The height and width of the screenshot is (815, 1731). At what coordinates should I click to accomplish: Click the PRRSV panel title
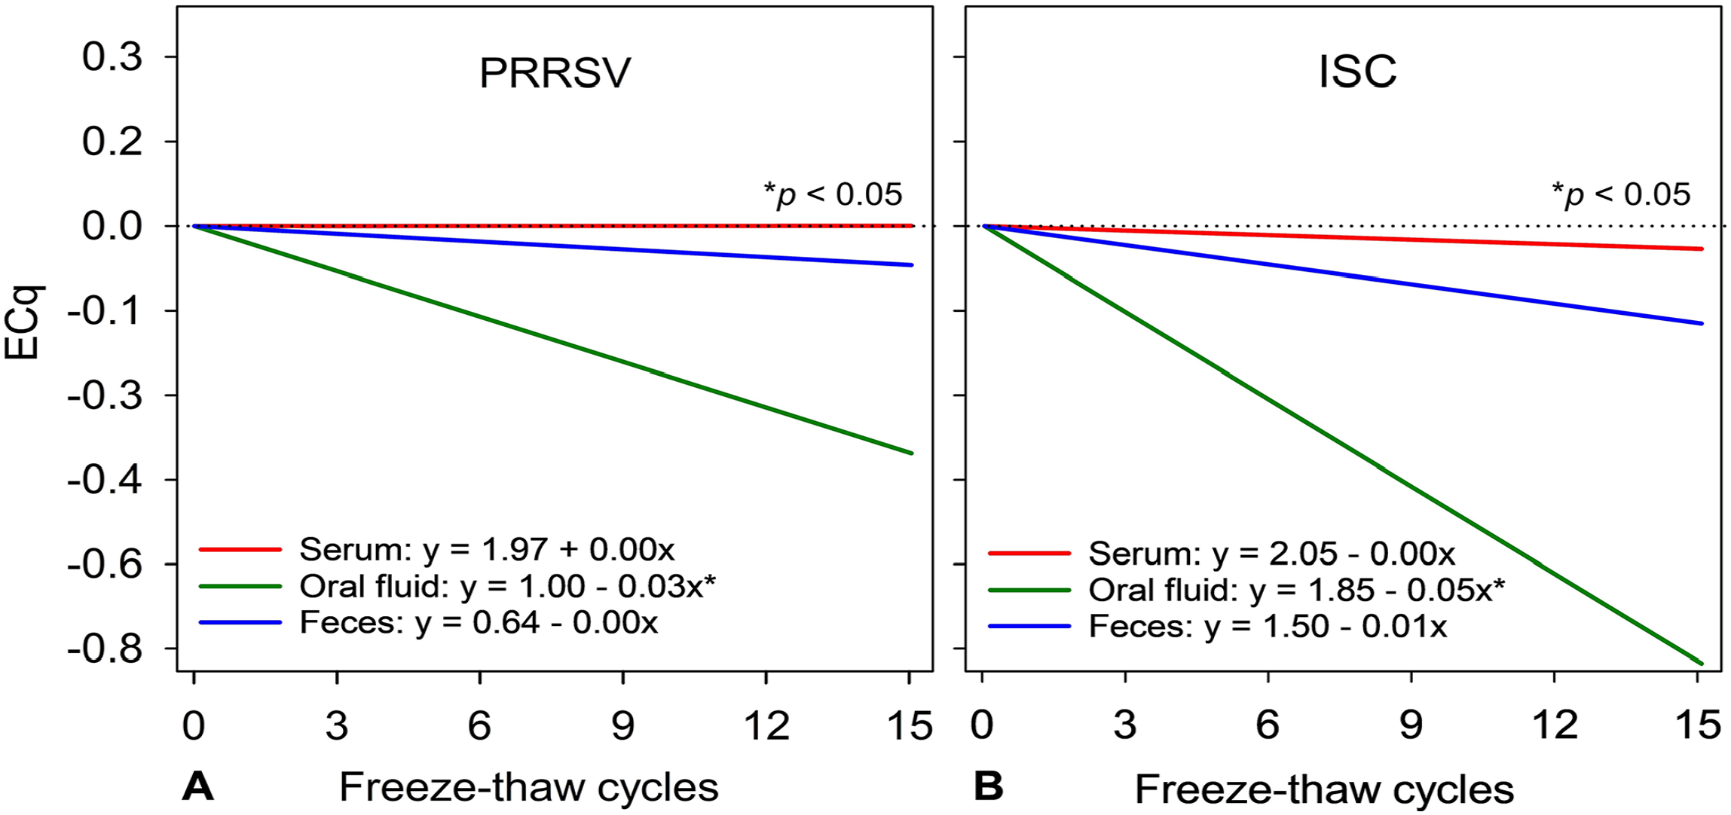pyautogui.click(x=555, y=73)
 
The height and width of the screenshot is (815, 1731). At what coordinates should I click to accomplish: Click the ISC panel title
pyautogui.click(x=1357, y=72)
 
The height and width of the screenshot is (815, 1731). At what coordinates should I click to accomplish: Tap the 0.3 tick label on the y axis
pyautogui.click(x=112, y=57)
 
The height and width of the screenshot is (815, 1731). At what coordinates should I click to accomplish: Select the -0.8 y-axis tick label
pyautogui.click(x=105, y=649)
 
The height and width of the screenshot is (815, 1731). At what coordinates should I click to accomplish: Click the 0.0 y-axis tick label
pyautogui.click(x=112, y=226)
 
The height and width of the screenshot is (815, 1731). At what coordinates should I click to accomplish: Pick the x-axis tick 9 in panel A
pyautogui.click(x=623, y=725)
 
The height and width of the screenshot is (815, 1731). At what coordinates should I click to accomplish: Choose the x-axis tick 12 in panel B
pyautogui.click(x=1555, y=725)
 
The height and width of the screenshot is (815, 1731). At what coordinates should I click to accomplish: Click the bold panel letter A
pyautogui.click(x=198, y=787)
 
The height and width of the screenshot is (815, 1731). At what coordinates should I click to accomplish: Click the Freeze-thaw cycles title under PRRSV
pyautogui.click(x=529, y=788)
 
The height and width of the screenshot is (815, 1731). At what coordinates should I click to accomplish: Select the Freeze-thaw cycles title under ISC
pyautogui.click(x=1324, y=789)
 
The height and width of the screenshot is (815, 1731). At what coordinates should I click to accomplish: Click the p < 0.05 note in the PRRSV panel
pyautogui.click(x=833, y=194)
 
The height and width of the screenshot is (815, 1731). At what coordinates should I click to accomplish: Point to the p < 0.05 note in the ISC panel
pyautogui.click(x=1621, y=194)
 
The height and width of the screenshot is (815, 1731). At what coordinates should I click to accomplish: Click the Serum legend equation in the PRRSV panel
pyautogui.click(x=487, y=550)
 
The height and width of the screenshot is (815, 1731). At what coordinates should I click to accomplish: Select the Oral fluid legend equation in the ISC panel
pyautogui.click(x=1297, y=591)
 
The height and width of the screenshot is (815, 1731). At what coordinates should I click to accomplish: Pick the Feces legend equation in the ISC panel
pyautogui.click(x=1268, y=627)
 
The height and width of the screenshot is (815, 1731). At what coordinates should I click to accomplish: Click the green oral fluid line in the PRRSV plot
pyautogui.click(x=552, y=339)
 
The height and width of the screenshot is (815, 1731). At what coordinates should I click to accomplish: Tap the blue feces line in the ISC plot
pyautogui.click(x=1341, y=275)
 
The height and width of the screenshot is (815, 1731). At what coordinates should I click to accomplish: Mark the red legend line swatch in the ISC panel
pyautogui.click(x=1029, y=554)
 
